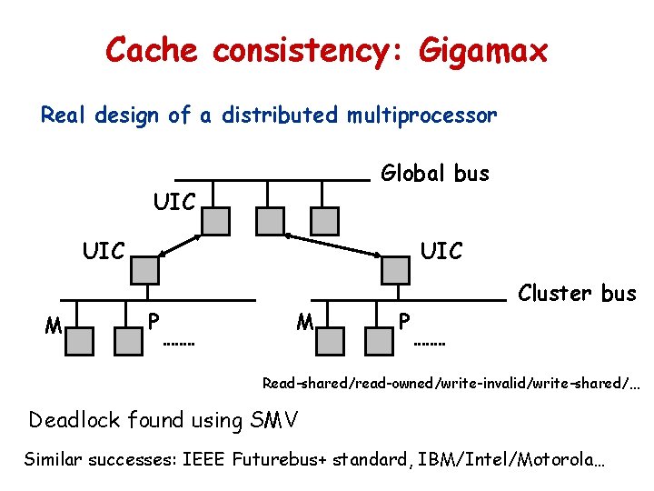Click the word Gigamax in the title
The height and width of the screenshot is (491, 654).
pos(483,50)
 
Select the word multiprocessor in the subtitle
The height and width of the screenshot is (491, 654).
pos(421,115)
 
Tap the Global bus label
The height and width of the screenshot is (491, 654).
pos(435,173)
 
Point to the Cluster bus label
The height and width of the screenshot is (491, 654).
pos(577,293)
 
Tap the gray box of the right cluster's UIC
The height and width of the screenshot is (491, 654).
pos(395,268)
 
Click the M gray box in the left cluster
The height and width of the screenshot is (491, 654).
pos(80,340)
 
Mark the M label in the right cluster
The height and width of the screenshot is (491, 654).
pos(305,321)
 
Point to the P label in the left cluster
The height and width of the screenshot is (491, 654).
pos(154,321)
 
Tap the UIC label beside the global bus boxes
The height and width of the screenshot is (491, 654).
pos(174,202)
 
